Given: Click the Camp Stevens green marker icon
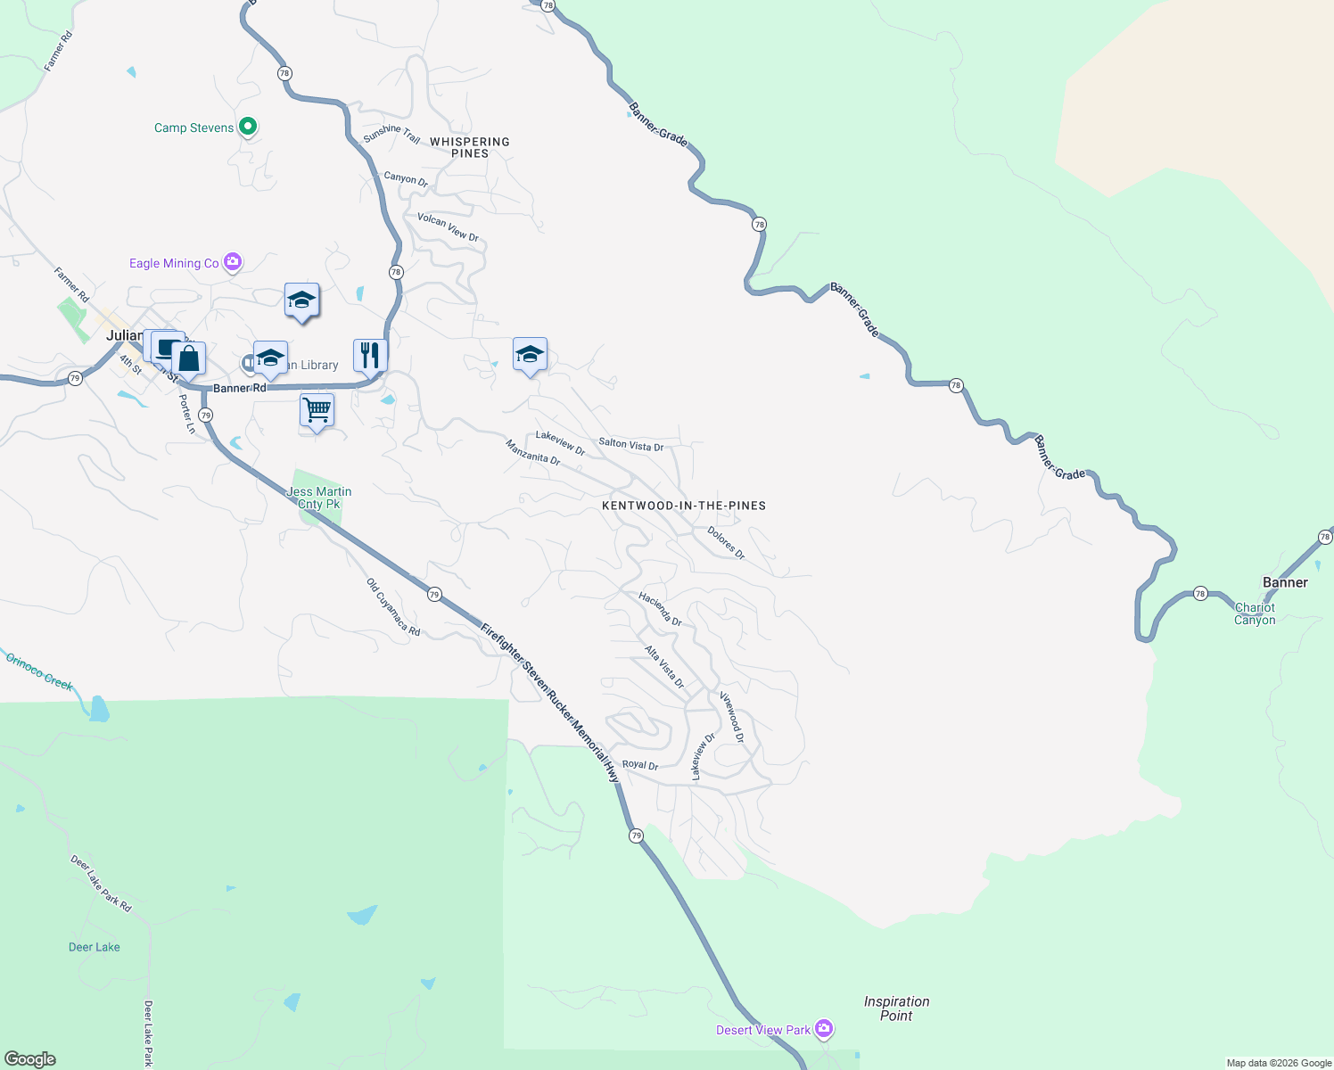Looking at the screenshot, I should click(x=249, y=127).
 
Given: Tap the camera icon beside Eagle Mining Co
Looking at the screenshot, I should click(x=233, y=261).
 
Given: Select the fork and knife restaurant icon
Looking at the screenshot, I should click(x=369, y=354).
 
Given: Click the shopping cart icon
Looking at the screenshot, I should click(x=317, y=410).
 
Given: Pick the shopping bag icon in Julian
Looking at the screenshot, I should click(x=189, y=358).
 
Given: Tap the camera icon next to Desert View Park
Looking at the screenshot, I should click(x=824, y=1029).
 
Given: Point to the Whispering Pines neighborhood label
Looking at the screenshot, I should click(x=470, y=147).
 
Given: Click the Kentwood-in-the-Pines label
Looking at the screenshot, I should click(x=684, y=506).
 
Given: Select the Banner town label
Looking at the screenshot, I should click(x=1285, y=582).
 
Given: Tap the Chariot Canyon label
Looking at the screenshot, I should click(x=1255, y=613).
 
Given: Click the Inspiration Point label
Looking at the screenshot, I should click(x=896, y=1008).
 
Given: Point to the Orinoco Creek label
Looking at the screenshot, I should click(x=39, y=671).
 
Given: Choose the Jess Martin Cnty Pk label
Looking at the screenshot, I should click(x=318, y=498).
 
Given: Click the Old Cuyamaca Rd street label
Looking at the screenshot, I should click(x=393, y=607).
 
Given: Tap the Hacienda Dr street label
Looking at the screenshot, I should click(x=661, y=609).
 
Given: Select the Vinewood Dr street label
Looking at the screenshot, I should click(x=732, y=717).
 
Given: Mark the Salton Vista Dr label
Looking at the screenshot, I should click(x=630, y=444).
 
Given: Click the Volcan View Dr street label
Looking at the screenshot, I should click(x=448, y=227).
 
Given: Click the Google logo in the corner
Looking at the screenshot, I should click(x=30, y=1058).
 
